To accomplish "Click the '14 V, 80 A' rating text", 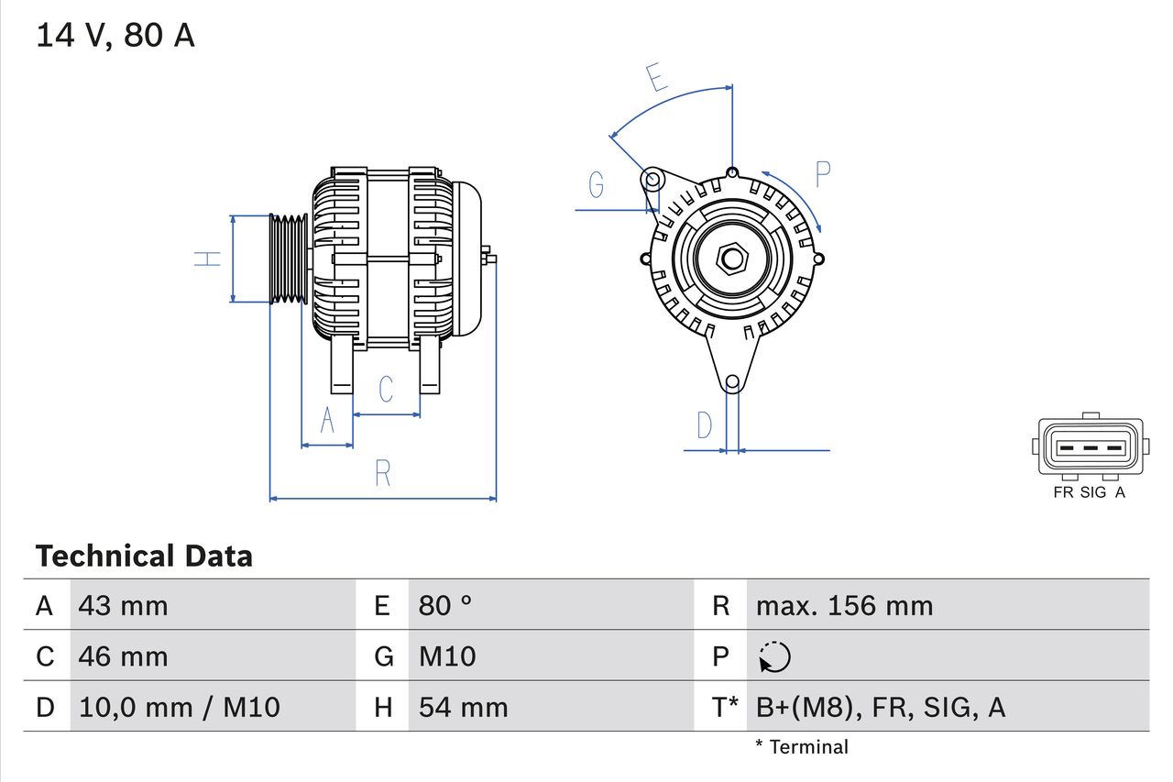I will coord(115,36).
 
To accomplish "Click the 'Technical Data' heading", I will coord(143,556).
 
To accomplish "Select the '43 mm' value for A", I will coord(124,606).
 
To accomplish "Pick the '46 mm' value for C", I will coord(124,656).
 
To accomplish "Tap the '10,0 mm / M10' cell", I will coord(180,707).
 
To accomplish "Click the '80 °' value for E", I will coord(445,606).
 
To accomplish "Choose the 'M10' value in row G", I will coord(447,656).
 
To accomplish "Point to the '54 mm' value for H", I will coord(463,707).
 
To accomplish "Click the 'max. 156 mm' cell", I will coord(844,606).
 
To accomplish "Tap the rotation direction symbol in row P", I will coord(774,656).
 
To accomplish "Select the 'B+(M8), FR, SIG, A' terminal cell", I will coord(881,707).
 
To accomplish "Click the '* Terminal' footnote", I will coord(802,747).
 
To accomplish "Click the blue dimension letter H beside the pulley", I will coord(209,259).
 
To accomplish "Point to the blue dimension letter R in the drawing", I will coord(383,474).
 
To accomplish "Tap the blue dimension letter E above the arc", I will coord(656,79).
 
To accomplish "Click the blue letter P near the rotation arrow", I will coord(823,174).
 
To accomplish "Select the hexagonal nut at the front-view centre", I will coord(731,259).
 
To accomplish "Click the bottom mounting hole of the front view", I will coord(731,382).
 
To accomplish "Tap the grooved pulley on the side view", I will coord(289,259).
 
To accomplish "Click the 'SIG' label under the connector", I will coord(1093,492).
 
